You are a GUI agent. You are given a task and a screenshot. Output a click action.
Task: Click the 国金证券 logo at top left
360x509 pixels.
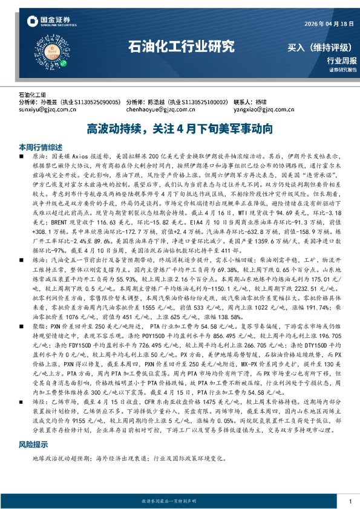click(44, 23)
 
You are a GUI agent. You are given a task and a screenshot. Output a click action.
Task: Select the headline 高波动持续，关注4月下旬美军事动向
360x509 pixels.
click(180, 129)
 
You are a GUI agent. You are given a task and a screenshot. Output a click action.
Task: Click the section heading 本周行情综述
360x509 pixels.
click(41, 147)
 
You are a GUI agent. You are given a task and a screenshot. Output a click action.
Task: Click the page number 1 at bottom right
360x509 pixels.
click(349, 502)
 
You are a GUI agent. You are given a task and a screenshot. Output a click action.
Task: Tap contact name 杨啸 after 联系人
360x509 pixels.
click(261, 103)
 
